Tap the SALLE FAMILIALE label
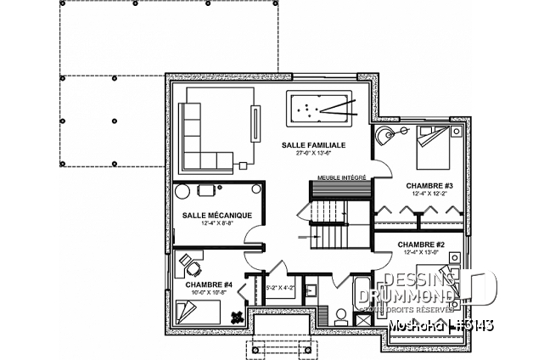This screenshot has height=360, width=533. tap(311, 146)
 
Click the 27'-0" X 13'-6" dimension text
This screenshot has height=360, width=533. tap(311, 155)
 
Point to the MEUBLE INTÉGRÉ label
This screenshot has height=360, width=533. tap(341, 177)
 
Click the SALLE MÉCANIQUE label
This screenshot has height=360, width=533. tap(216, 216)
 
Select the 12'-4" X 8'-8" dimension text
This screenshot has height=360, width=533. tap(216, 224)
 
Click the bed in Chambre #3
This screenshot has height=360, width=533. tap(437, 145)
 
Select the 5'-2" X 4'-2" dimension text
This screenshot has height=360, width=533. tap(281, 288)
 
